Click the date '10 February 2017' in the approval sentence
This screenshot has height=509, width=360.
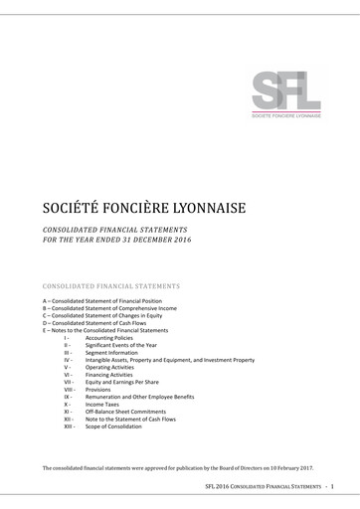coord(291,467)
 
